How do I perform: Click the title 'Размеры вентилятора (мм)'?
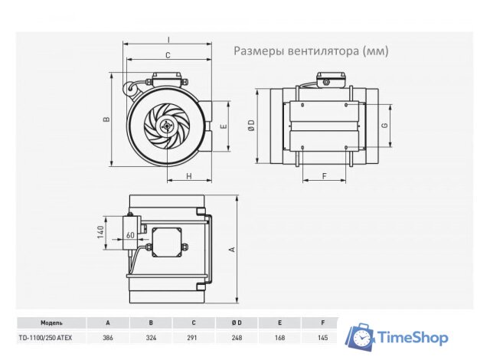[311, 51]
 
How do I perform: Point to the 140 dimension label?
[100, 233]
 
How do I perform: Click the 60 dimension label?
[130, 235]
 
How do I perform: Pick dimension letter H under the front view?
[188, 177]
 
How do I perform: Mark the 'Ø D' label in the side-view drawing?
[251, 126]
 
